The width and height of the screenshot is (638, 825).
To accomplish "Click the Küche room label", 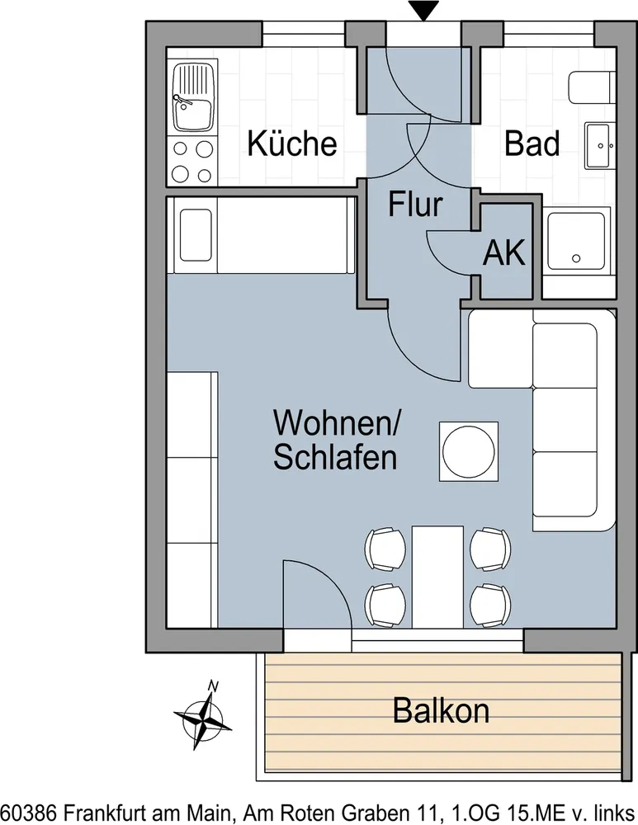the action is tap(292, 143).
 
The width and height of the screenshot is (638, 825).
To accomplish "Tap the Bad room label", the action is tap(532, 143).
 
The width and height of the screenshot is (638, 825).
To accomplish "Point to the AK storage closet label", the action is tap(504, 253).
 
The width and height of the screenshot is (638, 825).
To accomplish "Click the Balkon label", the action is tap(441, 711).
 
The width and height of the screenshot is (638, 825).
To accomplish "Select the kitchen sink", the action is tap(192, 97).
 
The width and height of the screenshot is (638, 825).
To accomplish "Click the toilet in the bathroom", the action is tap(592, 88).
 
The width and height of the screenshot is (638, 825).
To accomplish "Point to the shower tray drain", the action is tap(576, 258).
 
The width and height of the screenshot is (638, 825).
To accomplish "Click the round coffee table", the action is tap(469, 451).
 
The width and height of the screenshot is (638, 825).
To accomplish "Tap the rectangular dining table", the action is tap(438, 577).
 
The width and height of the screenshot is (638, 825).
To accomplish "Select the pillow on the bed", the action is tap(196, 235).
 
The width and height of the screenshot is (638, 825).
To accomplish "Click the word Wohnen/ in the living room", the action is tap(338, 422).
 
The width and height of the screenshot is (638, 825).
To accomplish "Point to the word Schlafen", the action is tap(335, 457).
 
